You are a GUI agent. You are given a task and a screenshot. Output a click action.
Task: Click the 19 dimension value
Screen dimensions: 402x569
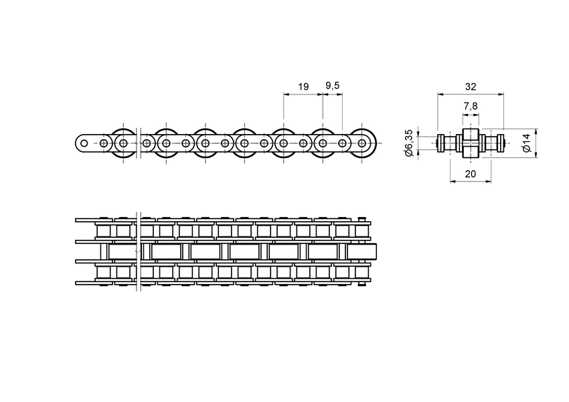303,86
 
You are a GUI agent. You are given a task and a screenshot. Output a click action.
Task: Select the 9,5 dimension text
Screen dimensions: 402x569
333,86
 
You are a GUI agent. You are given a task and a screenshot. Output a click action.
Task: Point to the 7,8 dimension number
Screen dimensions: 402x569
470,107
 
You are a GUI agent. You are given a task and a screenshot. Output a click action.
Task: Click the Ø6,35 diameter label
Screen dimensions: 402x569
409,143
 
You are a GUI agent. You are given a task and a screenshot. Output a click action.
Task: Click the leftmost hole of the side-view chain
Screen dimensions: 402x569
84,143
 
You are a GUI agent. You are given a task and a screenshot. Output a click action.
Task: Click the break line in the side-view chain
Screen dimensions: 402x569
136,143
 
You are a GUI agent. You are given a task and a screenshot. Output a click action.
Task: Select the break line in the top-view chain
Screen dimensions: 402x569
137,252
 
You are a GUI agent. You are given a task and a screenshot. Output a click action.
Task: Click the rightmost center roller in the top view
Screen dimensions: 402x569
361,252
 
